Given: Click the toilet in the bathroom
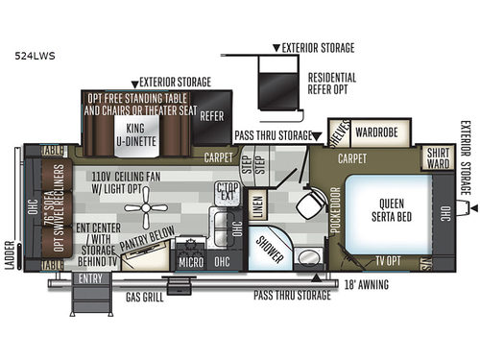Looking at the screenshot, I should [x=309, y=205].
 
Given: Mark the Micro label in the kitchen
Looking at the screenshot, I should [x=188, y=260].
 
